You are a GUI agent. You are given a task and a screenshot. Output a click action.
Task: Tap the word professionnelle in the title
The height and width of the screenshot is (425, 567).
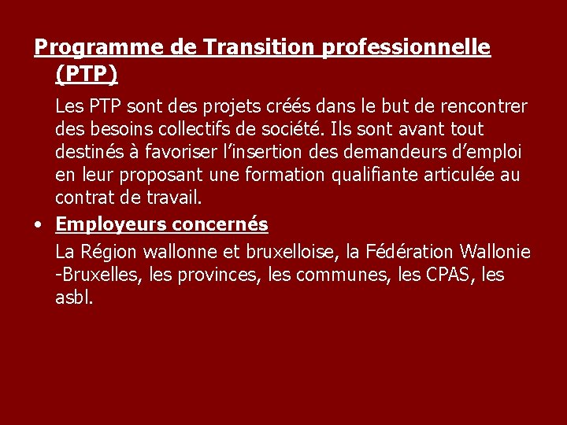point(406,49)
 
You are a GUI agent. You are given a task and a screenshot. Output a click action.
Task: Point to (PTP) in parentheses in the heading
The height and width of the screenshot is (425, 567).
point(87,74)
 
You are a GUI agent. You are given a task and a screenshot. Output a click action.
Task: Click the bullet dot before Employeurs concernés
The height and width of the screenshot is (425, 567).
point(39,225)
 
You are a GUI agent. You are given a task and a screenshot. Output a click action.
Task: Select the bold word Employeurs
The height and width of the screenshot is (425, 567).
point(111,225)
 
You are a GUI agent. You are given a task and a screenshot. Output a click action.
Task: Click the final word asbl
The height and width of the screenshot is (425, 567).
point(74,298)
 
